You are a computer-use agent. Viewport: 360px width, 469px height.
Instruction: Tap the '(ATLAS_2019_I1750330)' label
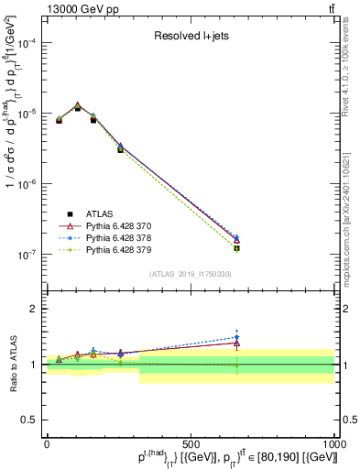191,274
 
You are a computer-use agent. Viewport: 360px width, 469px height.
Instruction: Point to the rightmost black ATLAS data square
236,248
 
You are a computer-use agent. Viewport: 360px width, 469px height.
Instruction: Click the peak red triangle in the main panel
78,105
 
